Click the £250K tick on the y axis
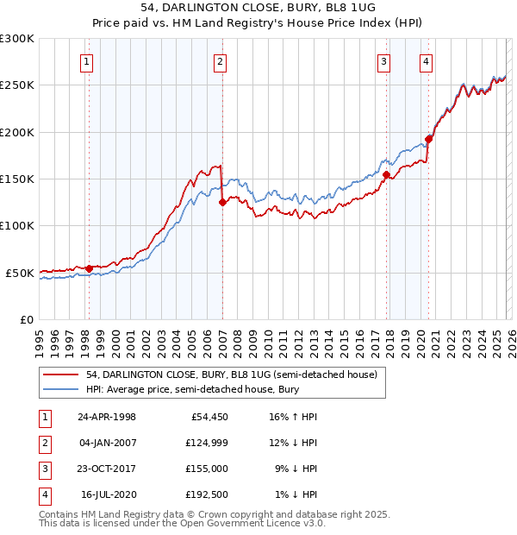click(17, 85)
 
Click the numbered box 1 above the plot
click(88, 61)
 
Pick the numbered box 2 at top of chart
click(221, 61)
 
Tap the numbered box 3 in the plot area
click(383, 61)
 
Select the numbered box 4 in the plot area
click(427, 61)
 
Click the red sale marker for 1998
click(90, 268)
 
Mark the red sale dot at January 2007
click(222, 203)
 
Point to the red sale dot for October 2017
click(386, 174)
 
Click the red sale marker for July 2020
click(428, 140)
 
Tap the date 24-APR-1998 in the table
click(107, 417)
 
